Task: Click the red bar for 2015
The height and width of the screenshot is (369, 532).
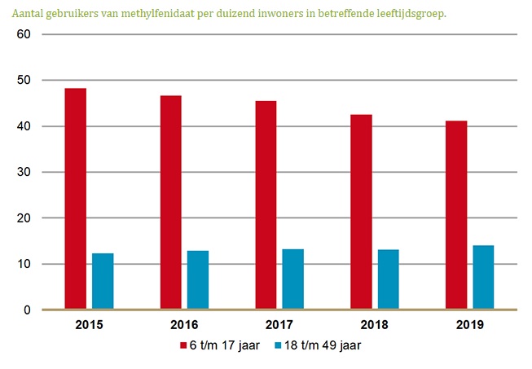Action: pos(76,199)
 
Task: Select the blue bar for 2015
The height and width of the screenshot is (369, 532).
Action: pos(103,281)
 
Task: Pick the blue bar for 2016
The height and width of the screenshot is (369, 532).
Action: pos(198,280)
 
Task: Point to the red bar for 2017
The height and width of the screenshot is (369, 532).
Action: pos(266,205)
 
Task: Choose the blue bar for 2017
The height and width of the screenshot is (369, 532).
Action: pos(292,279)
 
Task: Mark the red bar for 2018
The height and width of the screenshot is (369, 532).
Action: pos(361,212)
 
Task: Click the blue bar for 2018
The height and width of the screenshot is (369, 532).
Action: pos(388,279)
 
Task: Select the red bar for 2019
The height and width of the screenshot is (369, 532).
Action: pos(455,215)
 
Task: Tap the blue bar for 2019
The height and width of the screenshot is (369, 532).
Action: pos(483,278)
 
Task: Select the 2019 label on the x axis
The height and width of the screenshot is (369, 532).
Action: pos(469,326)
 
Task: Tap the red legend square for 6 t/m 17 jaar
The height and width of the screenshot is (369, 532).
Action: pos(183,345)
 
